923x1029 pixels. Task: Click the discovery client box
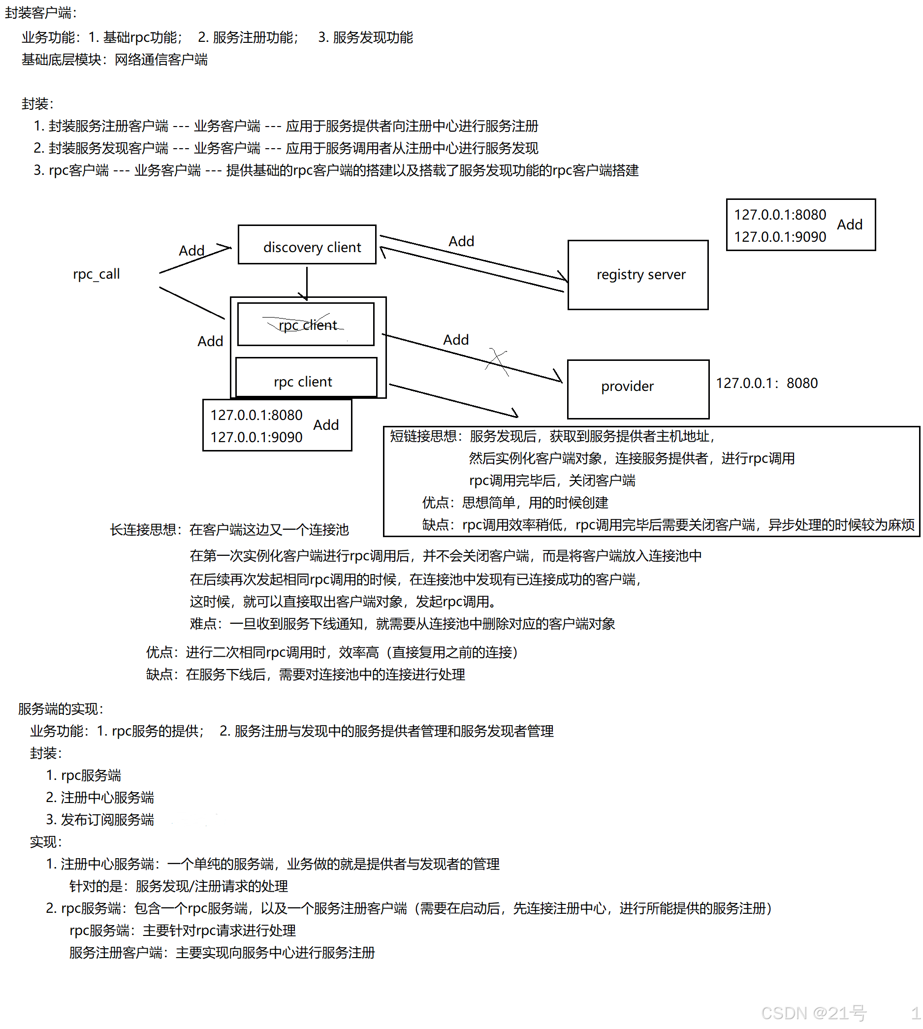[307, 245]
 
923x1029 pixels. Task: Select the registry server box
[638, 275]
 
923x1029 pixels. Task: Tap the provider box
[638, 389]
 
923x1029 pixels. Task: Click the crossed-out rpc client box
[306, 324]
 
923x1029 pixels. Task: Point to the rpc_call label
[96, 274]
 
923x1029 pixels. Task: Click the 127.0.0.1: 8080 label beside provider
[766, 384]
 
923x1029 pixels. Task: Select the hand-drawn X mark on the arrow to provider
[497, 361]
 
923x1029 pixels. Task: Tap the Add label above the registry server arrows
[461, 241]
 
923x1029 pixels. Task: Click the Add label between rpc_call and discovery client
[191, 251]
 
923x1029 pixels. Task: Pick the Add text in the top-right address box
[850, 225]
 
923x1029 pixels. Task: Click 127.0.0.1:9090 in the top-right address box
[780, 237]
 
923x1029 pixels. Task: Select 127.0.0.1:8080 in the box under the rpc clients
[256, 416]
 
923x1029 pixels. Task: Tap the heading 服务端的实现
[61, 709]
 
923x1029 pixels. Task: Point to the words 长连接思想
[144, 530]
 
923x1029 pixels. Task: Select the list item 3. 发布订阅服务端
[100, 820]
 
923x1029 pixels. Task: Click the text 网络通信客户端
[161, 60]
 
